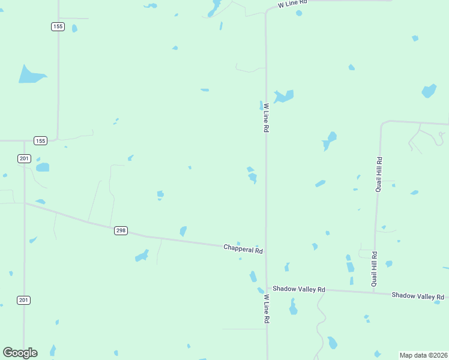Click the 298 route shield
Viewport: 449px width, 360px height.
121,230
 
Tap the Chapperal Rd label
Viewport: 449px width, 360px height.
243,248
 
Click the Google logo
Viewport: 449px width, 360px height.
20,353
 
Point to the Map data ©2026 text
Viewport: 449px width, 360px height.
423,355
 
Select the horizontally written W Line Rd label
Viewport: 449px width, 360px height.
292,4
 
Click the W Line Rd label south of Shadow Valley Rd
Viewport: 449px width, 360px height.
265,309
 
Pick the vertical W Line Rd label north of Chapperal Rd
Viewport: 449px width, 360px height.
265,118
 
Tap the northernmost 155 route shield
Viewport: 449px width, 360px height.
58,26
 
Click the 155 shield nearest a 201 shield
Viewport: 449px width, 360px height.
40,141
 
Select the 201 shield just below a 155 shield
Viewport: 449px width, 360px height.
24,158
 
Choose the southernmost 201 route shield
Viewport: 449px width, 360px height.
24,300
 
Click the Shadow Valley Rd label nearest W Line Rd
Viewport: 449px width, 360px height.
298,289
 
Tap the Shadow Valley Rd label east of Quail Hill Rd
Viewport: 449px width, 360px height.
417,296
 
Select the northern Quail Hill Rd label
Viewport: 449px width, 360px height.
379,175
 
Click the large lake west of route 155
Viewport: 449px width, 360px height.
30,74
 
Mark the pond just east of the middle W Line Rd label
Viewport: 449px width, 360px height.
283,96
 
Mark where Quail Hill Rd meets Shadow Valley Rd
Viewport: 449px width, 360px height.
374,293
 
